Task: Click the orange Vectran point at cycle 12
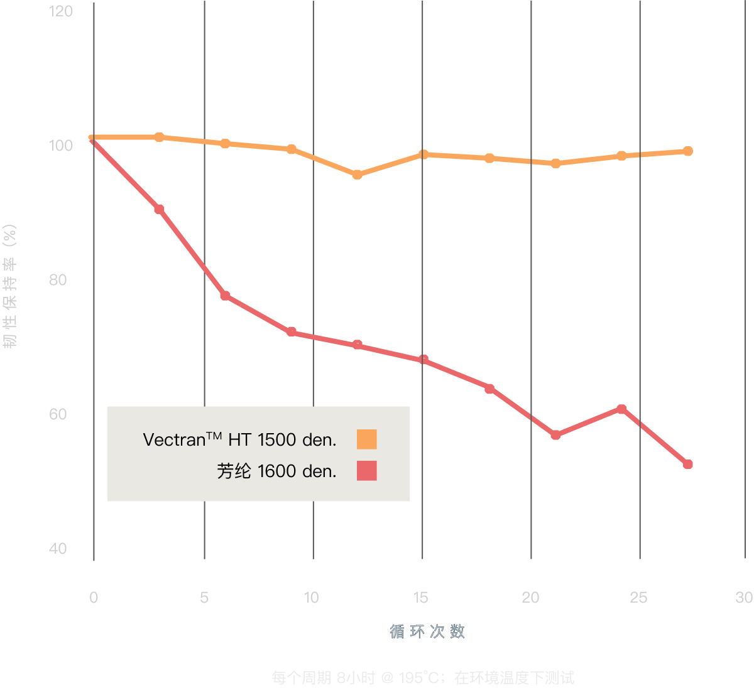tap(357, 175)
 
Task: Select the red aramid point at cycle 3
tap(160, 209)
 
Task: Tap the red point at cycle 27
tap(688, 465)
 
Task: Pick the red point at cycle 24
tap(621, 409)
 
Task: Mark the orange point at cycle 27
tap(688, 151)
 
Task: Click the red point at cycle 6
tap(225, 296)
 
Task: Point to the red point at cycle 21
tap(555, 435)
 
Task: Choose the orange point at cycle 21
tap(555, 163)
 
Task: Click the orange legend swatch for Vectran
tap(366, 439)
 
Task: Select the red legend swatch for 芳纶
tap(366, 471)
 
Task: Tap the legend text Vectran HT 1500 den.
tap(239, 439)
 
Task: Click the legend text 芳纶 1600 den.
tap(276, 471)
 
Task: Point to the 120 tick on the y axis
tap(61, 11)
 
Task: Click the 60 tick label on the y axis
tap(58, 414)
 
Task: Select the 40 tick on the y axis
tap(58, 549)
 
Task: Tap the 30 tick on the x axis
tap(744, 598)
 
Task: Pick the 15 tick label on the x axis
tap(421, 598)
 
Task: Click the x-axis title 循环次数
tap(427, 632)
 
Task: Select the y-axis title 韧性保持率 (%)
tap(10, 286)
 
